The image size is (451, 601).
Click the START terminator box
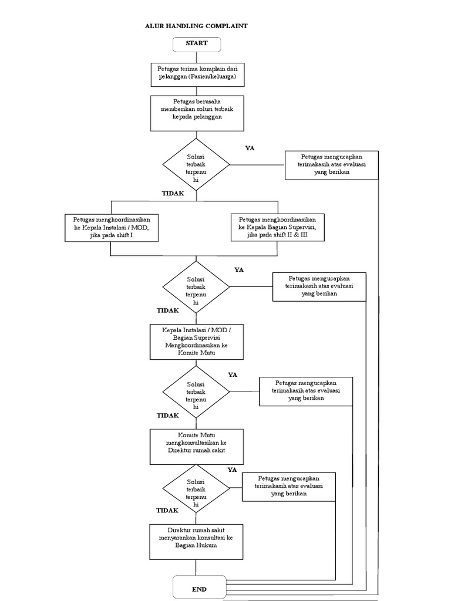pos(196,43)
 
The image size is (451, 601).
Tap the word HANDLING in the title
pos(182,26)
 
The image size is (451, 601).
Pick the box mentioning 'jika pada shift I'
pos(111,227)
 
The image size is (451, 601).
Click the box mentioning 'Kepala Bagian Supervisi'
pos(278,227)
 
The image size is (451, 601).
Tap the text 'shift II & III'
pos(294,235)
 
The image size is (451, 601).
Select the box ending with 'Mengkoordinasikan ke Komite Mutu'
pos(196,341)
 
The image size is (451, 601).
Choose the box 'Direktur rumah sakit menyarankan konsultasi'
pos(196,541)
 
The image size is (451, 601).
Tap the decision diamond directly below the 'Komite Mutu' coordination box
pos(196,391)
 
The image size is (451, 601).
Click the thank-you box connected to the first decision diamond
pos(332,165)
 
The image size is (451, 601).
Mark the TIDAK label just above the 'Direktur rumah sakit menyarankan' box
pos(167,511)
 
